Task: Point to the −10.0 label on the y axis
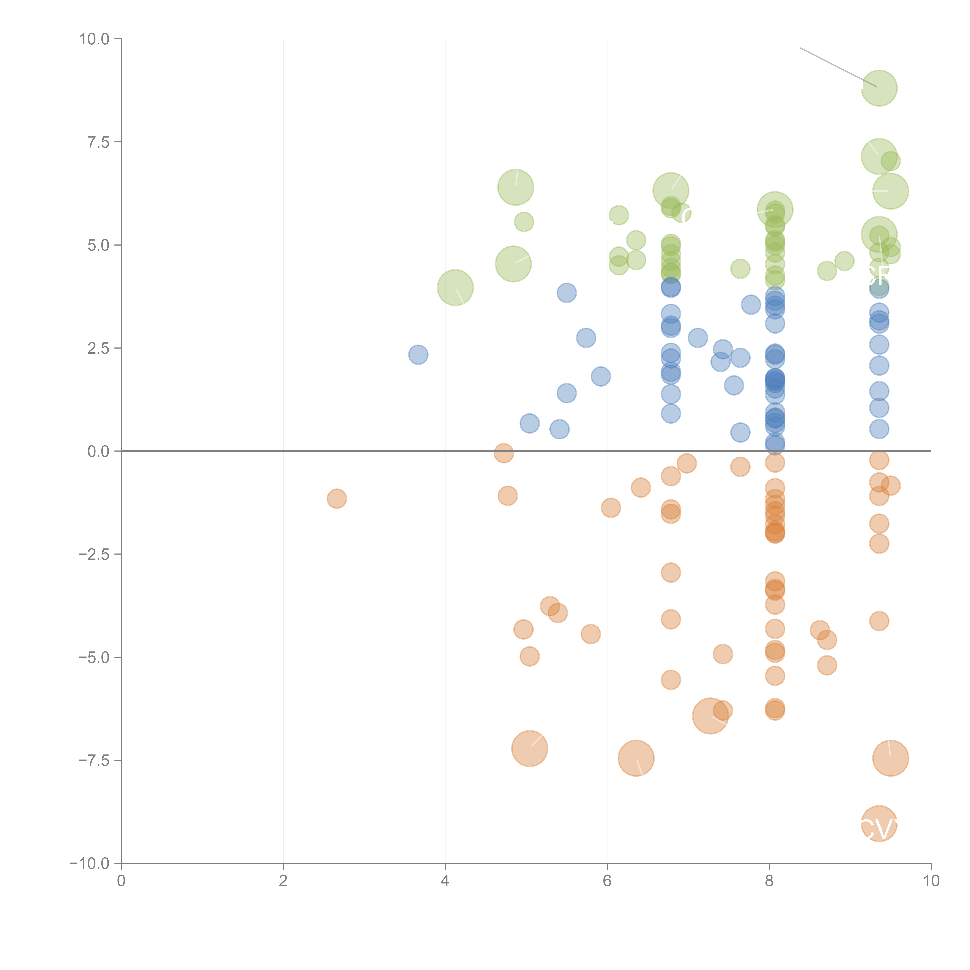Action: [x=89, y=863]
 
